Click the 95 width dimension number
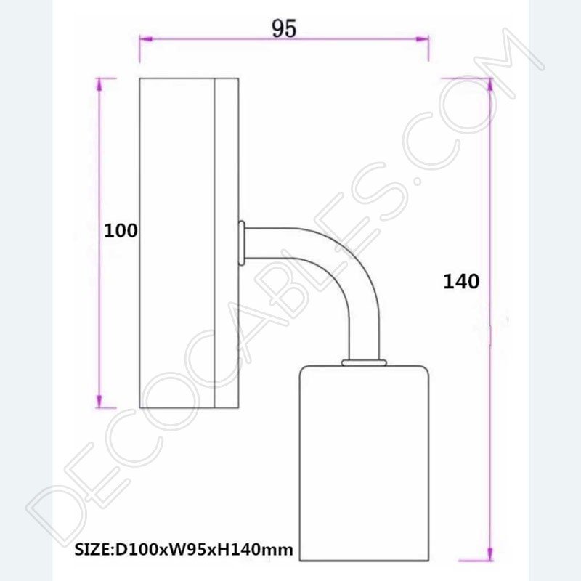click(285, 28)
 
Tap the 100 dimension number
click(121, 231)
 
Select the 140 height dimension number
click(461, 281)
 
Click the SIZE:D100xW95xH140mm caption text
click(184, 550)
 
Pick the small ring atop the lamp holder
click(365, 361)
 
